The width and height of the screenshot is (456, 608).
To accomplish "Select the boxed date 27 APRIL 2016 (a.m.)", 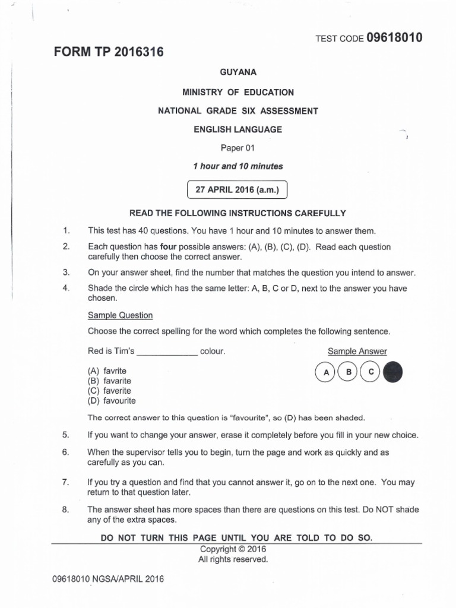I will click(x=237, y=190).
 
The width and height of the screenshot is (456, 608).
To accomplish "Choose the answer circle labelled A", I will click(x=325, y=372).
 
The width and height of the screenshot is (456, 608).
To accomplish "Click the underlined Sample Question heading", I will click(x=120, y=315).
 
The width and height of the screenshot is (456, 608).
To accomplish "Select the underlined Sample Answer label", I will click(x=357, y=351).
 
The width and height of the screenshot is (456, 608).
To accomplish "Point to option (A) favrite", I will click(x=107, y=370).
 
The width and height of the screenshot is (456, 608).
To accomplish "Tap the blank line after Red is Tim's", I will click(x=167, y=351).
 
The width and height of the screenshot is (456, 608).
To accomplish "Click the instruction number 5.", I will click(x=66, y=435).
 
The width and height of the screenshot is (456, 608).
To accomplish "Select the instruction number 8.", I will click(x=66, y=509).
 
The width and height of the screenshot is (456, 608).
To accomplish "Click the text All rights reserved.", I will click(x=233, y=559).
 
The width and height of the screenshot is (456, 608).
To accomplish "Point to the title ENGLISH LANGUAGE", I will click(x=237, y=129).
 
